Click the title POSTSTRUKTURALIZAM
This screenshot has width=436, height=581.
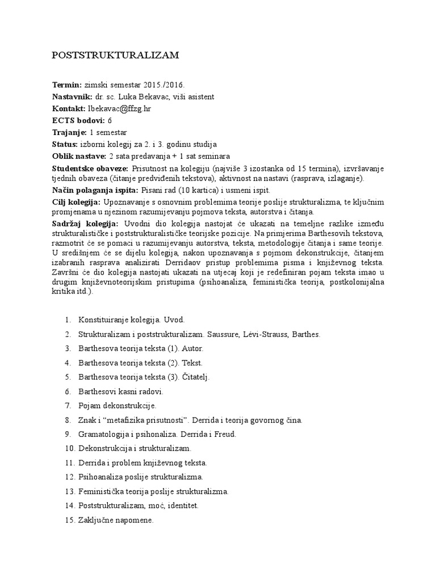(x=115, y=55)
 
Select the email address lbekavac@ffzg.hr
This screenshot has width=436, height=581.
(x=120, y=108)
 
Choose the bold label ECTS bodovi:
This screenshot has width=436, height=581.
(x=78, y=120)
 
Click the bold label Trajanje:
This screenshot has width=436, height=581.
(x=70, y=132)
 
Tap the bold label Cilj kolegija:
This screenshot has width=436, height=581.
(x=77, y=202)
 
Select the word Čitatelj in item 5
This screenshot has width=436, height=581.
(x=192, y=377)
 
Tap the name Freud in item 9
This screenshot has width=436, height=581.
(x=224, y=435)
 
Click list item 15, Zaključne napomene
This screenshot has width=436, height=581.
(x=116, y=519)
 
